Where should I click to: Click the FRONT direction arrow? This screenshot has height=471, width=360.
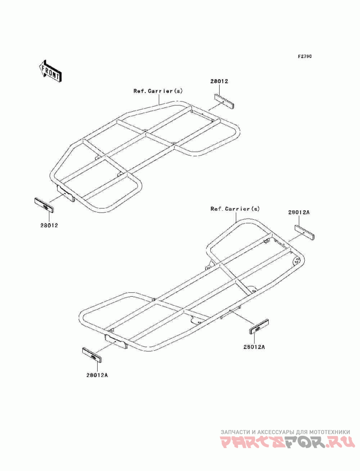50,71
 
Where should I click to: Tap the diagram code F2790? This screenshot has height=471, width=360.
305,56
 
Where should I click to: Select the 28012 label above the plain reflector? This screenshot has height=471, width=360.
219,81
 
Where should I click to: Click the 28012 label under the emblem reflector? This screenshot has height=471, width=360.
49,225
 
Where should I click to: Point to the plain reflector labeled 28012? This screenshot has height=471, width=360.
224,101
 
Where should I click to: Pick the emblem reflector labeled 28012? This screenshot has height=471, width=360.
44,205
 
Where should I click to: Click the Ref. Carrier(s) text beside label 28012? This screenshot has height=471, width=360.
158,91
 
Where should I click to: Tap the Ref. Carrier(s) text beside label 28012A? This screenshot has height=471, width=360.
235,209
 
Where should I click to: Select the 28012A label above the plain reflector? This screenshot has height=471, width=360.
299,212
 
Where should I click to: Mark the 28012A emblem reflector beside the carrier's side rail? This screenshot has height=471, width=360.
259,326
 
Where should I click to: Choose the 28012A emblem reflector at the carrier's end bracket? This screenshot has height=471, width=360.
93,355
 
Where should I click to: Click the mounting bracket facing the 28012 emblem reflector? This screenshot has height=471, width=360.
65,193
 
